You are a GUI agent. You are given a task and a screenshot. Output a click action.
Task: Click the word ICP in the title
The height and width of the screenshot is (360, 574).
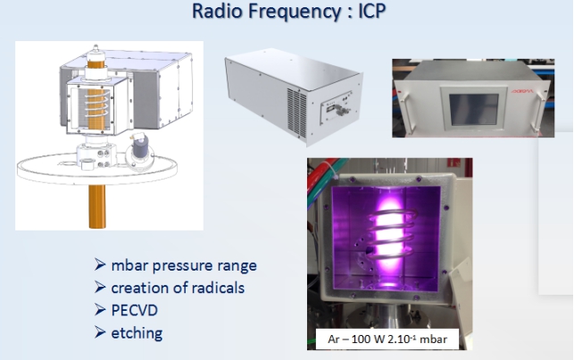[371, 11]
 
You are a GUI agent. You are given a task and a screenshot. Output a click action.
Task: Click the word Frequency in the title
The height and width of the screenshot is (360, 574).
[295, 12]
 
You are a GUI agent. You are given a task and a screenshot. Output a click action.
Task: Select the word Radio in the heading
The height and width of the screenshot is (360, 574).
[217, 11]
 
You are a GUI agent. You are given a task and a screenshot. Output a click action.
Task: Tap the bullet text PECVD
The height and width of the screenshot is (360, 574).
[134, 310]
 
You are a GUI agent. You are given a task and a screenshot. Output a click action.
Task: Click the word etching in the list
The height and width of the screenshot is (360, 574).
[137, 333]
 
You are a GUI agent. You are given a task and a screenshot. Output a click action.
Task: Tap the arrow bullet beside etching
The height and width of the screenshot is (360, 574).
[100, 332]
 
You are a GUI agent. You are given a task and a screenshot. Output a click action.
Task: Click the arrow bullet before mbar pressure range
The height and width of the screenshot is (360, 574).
[100, 264]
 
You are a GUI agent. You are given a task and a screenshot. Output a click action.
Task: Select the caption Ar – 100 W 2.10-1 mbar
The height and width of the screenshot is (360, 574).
[387, 339]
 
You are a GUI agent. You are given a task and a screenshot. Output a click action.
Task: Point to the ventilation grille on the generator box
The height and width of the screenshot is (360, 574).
[297, 113]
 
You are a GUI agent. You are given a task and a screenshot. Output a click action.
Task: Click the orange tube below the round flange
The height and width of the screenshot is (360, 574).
[97, 206]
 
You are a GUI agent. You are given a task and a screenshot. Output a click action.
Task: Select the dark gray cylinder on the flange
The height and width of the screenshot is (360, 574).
[140, 149]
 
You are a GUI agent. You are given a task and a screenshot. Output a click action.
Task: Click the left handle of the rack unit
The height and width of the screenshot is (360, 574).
[405, 112]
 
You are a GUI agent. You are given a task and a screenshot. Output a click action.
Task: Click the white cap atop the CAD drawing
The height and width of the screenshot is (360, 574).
[96, 54]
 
